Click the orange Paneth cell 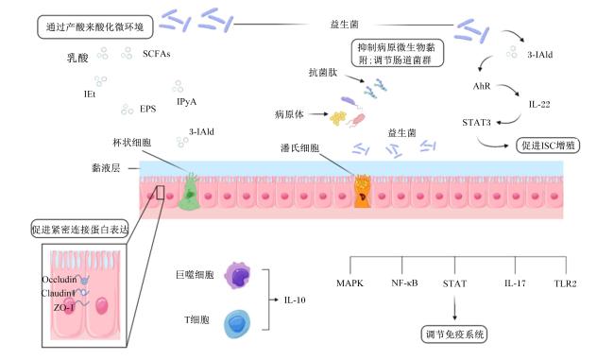coord(363,192)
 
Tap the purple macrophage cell coord(237,275)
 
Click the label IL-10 coord(295,300)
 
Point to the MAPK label coord(350,283)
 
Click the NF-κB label coord(404,283)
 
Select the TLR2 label coord(565,283)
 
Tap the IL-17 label coord(515,283)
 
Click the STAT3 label coord(476,123)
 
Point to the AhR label coord(482,86)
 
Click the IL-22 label coord(539,104)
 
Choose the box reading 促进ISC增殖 coord(548,146)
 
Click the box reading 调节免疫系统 coord(454,334)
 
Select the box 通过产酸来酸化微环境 coord(95,27)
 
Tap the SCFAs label coord(156,54)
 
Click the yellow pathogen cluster coord(338,118)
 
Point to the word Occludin coord(60,280)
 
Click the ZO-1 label coord(64,307)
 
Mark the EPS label coord(147,109)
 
